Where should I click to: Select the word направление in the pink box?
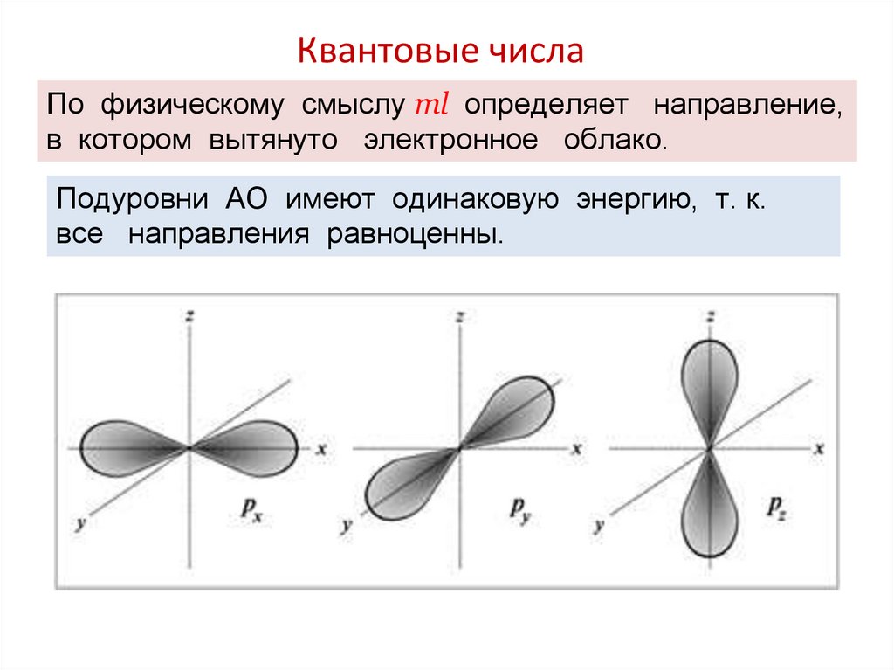[748, 107]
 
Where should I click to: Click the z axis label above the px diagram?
[188, 317]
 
